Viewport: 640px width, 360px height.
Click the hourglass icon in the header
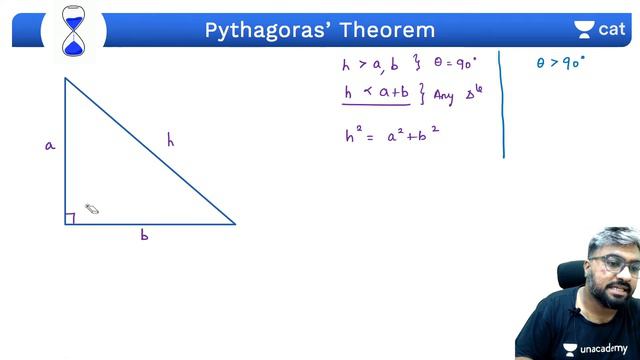(x=73, y=30)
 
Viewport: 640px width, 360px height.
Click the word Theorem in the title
(x=385, y=30)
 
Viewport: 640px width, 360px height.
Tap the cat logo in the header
(x=599, y=29)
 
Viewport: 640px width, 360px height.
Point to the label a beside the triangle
(x=49, y=146)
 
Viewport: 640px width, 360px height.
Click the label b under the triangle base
(x=145, y=236)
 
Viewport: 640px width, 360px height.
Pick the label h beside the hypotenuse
(x=171, y=141)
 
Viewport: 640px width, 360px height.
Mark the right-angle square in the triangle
(x=70, y=219)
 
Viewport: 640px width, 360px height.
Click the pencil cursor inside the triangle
(x=91, y=209)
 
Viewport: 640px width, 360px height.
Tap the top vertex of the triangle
(x=66, y=78)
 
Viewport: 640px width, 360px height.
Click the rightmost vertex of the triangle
(x=235, y=224)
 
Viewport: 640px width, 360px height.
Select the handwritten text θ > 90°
(x=560, y=63)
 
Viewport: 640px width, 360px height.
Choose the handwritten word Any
(x=444, y=98)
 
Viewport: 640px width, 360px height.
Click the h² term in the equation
(x=353, y=136)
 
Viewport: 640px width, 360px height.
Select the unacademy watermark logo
(x=597, y=348)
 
